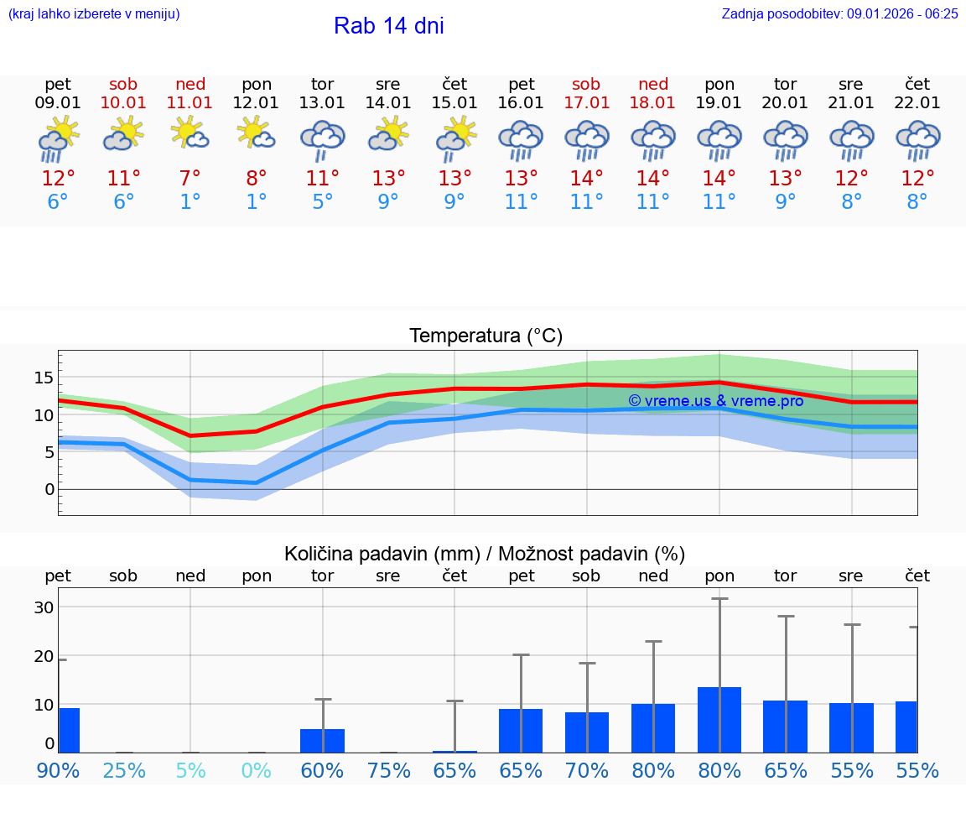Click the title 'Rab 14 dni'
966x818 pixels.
(x=388, y=26)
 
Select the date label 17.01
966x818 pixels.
(x=586, y=103)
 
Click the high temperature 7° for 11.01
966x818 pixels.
(x=190, y=179)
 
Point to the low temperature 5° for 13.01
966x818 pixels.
(x=323, y=202)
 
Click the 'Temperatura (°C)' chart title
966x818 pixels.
(x=486, y=336)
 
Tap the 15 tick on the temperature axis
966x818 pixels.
(x=44, y=378)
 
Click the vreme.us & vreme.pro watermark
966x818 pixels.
(x=715, y=401)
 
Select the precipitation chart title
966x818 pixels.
(x=484, y=554)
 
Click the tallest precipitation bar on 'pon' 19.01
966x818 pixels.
(x=719, y=719)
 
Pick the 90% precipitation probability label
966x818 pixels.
(x=58, y=770)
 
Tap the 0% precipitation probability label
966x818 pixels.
(x=257, y=770)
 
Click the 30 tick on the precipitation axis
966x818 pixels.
(x=44, y=607)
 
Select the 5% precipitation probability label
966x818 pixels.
(x=190, y=770)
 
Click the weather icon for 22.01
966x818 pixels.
(x=917, y=139)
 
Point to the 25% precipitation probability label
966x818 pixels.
(x=124, y=770)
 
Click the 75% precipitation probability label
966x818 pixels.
(x=388, y=770)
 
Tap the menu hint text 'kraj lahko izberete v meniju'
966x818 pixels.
(x=93, y=13)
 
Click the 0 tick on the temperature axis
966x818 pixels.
(x=49, y=489)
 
